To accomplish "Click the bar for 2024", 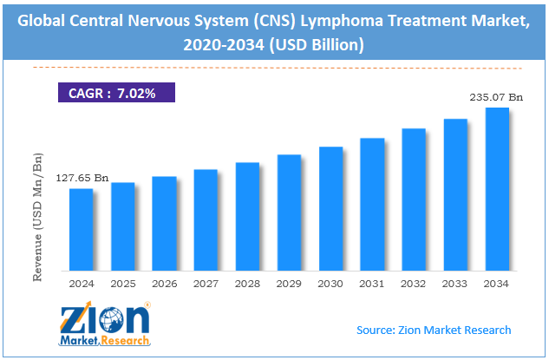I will [x=81, y=228].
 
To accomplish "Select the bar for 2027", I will [x=206, y=219].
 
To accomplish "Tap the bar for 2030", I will [x=330, y=207].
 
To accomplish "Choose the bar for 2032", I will [x=414, y=198].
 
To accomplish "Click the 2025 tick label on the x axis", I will [x=122, y=283].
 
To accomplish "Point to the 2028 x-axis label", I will [x=247, y=283].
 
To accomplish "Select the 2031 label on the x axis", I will [x=372, y=283].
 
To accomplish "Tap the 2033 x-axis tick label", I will [x=455, y=283].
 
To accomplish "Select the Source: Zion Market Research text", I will [x=434, y=330].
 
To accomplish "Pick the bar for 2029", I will [x=289, y=212].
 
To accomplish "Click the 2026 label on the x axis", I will [x=164, y=283].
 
